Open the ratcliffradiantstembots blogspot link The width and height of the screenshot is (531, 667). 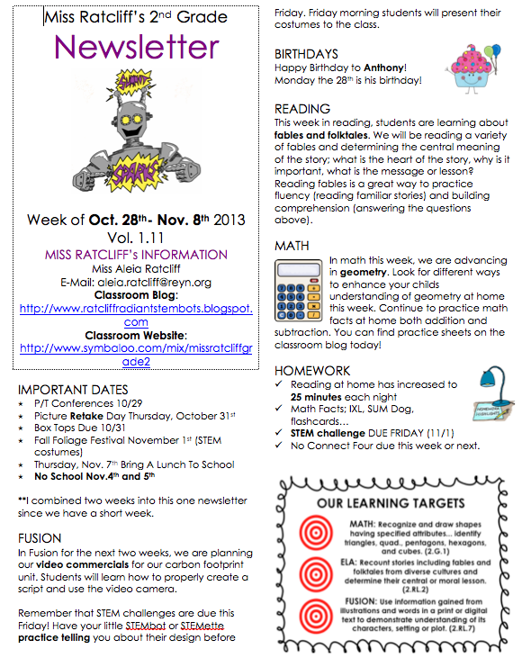click(x=136, y=314)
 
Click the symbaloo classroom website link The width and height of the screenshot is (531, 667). click(x=136, y=354)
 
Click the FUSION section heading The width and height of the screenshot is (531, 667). click(x=40, y=538)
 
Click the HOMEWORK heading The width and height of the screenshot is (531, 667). click(x=311, y=370)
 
